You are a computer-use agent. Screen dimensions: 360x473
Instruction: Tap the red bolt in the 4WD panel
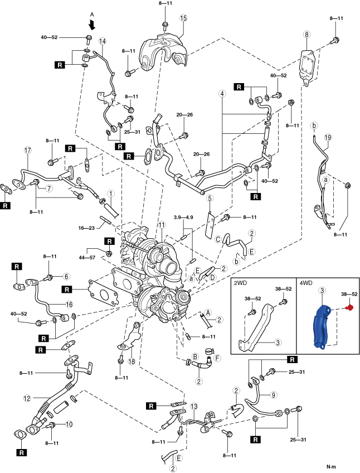349,308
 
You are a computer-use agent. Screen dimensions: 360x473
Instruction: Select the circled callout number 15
183,18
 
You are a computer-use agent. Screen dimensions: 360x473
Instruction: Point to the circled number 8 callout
307,35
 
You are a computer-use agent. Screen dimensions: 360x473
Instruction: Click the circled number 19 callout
328,138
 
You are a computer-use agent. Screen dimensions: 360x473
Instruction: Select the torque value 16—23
86,228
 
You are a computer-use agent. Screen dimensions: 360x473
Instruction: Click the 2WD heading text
240,283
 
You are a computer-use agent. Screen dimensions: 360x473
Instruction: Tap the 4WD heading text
306,283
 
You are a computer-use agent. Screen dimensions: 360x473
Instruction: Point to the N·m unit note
331,466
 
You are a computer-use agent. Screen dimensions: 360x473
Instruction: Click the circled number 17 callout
28,150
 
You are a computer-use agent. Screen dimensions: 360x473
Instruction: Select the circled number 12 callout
27,398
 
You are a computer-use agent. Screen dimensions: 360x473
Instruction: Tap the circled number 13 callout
194,407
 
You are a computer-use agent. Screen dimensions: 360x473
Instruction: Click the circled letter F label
217,358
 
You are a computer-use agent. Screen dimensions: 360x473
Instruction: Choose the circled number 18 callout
132,361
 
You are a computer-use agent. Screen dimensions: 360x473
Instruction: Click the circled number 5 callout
210,198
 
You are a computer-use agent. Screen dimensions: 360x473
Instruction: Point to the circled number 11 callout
162,225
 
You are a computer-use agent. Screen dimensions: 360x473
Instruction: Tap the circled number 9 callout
273,394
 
